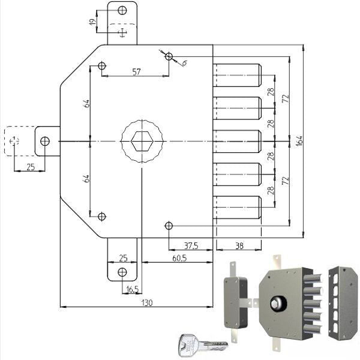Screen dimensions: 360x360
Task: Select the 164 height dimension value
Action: click(299, 141)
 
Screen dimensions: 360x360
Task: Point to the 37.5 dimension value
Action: click(191, 245)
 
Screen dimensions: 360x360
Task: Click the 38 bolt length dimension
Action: click(238, 245)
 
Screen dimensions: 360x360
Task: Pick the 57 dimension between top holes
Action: click(136, 72)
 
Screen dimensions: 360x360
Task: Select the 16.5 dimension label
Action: click(132, 289)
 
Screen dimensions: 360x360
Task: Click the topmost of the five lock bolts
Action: click(238, 76)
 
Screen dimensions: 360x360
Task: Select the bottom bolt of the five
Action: click(238, 208)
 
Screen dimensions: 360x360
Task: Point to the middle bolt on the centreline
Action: click(238, 142)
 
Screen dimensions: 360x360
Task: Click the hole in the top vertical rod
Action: click(122, 11)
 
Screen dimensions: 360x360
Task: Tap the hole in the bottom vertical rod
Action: click(122, 272)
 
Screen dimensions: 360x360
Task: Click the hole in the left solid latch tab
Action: click(45, 142)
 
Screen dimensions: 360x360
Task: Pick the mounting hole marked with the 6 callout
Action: click(169, 57)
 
